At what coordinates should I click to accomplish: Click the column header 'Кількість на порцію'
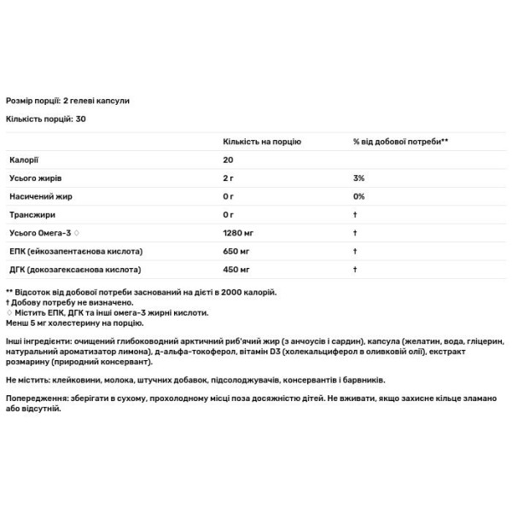click(261, 141)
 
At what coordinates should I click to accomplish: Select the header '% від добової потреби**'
click(400, 141)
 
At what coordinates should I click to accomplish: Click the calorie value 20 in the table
click(228, 160)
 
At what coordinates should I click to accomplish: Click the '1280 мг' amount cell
click(237, 233)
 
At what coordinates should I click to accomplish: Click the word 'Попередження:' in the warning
click(36, 399)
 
